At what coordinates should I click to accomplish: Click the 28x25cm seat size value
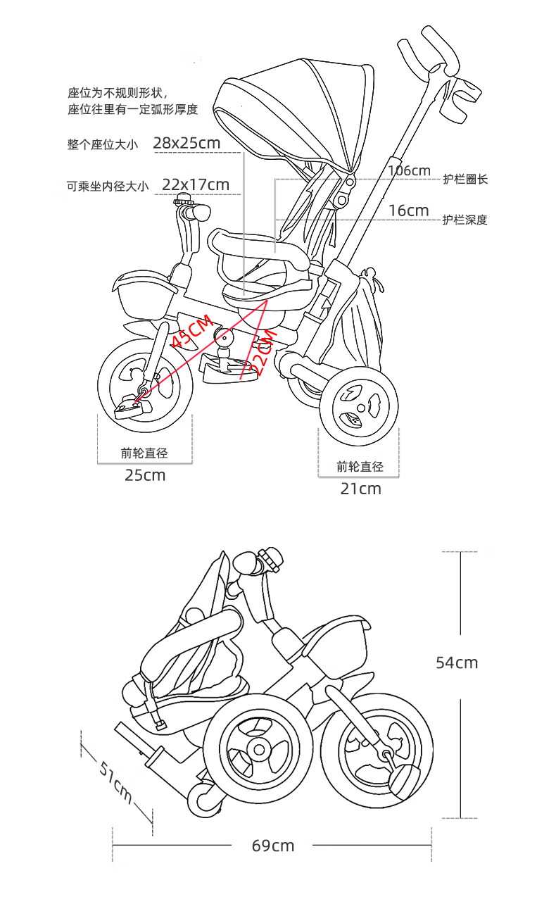(187, 143)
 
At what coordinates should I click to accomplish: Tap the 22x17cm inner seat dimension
(196, 184)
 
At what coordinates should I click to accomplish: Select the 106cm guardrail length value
(410, 170)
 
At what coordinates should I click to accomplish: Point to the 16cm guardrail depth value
(409, 211)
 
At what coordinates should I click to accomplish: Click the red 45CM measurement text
(192, 330)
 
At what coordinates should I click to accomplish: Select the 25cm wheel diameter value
(145, 475)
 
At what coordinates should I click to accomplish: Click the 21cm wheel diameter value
(361, 489)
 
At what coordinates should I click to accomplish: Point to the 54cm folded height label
(457, 663)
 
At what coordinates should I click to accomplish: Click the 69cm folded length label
(273, 846)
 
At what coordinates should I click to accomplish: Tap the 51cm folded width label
(116, 781)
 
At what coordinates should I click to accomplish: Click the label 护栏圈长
(465, 180)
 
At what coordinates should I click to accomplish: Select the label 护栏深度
(465, 220)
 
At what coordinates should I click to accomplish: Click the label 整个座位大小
(103, 144)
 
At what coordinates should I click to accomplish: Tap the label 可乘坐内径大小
(108, 187)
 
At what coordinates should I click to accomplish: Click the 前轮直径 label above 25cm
(144, 453)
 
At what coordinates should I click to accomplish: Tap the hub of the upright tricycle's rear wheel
(361, 408)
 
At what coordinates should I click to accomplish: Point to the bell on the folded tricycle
(270, 559)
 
